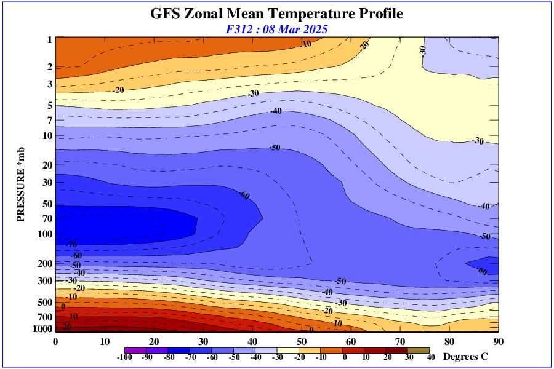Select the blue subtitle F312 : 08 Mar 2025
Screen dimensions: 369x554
coord(276,29)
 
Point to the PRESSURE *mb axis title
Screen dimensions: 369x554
coord(20,184)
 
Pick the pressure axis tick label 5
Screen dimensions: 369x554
coord(50,106)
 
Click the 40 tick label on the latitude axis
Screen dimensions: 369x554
coord(252,341)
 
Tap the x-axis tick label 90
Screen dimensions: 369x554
coord(498,341)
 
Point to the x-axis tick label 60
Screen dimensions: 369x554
coord(351,341)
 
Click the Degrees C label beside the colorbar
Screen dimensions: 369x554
coord(467,357)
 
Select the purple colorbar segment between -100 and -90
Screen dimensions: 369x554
coord(135,351)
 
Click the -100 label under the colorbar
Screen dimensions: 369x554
coord(125,357)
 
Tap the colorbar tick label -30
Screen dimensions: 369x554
coord(278,357)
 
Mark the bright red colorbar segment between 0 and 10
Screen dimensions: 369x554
coord(363,351)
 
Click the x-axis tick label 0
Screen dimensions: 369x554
coord(56,341)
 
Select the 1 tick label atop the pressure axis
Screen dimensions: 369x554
coord(50,40)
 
